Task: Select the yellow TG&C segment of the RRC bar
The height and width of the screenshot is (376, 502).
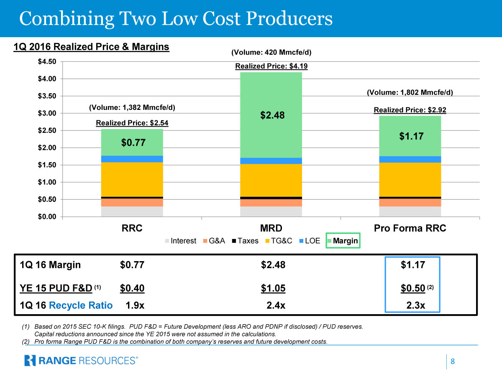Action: (132, 179)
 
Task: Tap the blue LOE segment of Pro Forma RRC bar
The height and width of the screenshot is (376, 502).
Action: (410, 159)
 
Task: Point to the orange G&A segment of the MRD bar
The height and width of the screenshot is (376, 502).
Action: (271, 203)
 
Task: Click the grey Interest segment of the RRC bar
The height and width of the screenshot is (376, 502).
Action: (132, 211)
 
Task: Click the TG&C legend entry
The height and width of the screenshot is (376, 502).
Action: (276, 241)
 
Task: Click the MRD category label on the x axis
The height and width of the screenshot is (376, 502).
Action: (271, 228)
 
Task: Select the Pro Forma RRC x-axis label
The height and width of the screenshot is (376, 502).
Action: (410, 228)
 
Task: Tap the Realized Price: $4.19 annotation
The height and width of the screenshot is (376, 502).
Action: (271, 66)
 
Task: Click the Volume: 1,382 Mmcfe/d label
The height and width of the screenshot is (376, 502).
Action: (132, 107)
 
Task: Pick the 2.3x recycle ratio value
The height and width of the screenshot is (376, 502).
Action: (415, 305)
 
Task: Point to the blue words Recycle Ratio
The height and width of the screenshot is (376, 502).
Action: (81, 305)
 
